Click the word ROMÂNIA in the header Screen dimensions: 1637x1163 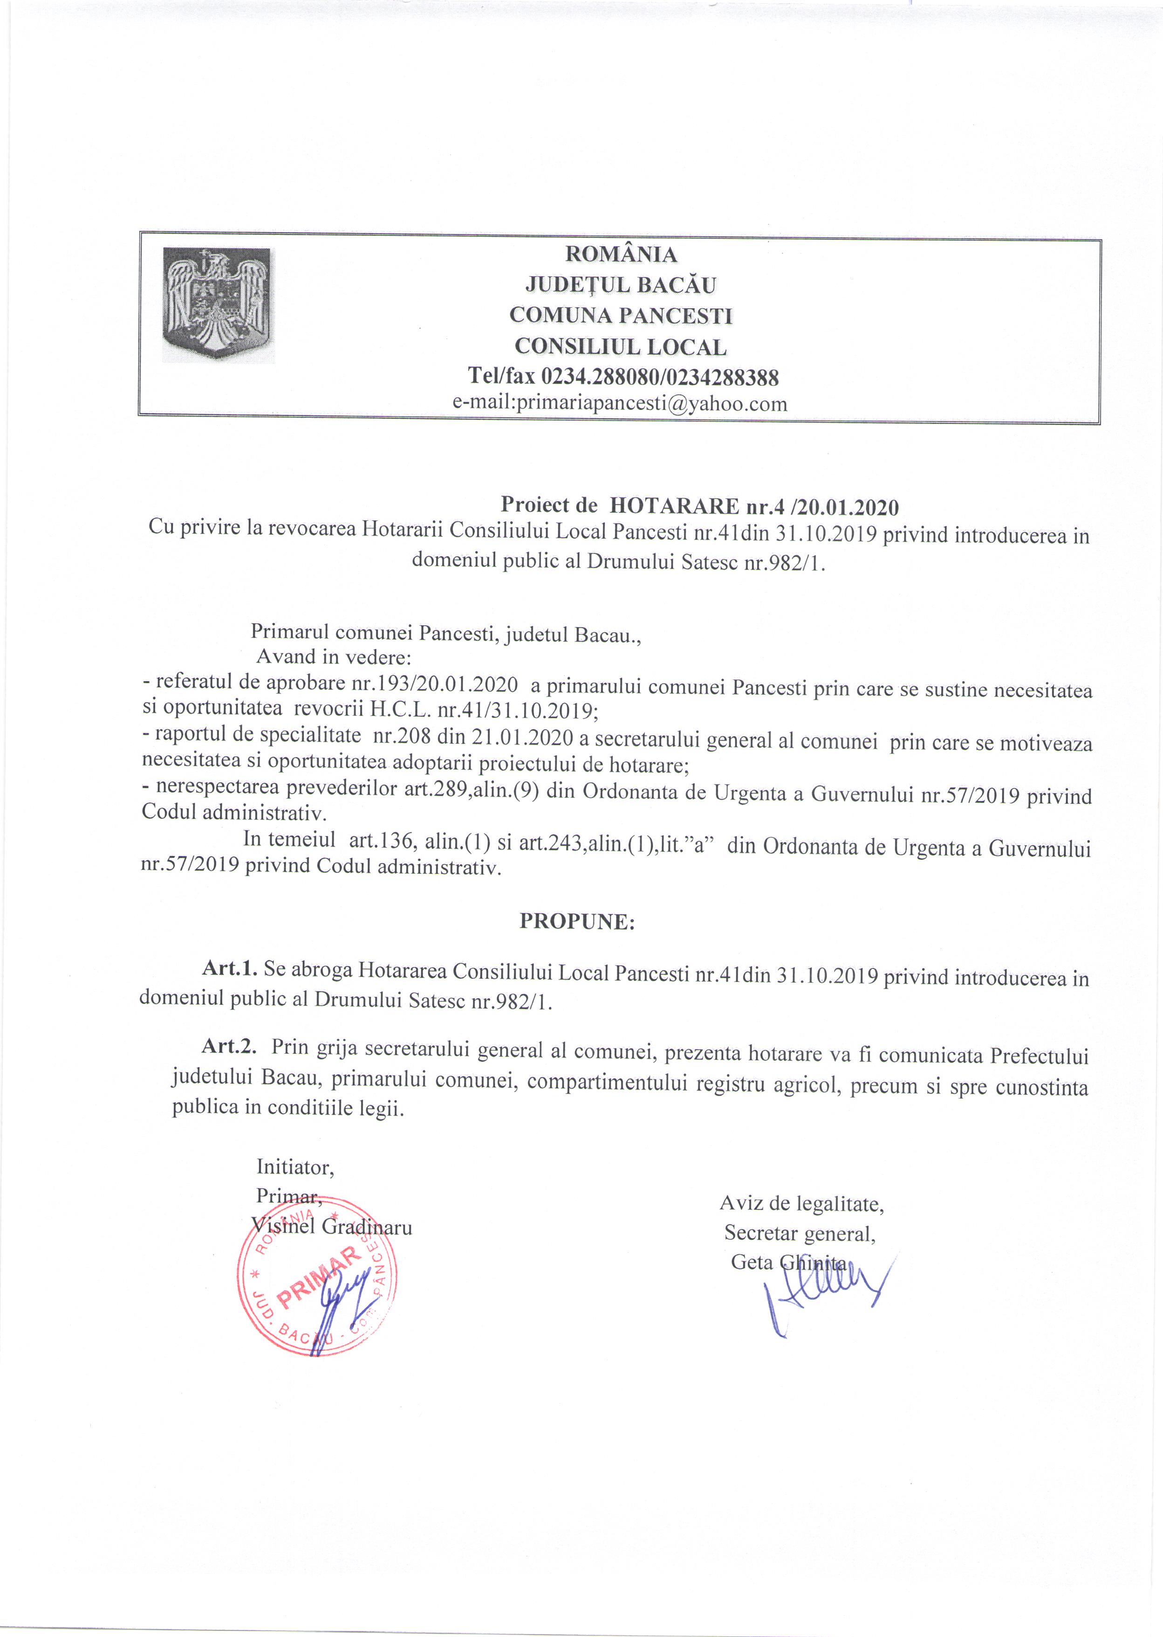tap(621, 254)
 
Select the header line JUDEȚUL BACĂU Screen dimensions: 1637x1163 tap(621, 285)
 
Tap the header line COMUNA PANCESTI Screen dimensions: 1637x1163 tap(621, 316)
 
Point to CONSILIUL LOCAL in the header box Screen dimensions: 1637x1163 tap(621, 347)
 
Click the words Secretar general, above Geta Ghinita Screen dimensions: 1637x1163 tap(799, 1234)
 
